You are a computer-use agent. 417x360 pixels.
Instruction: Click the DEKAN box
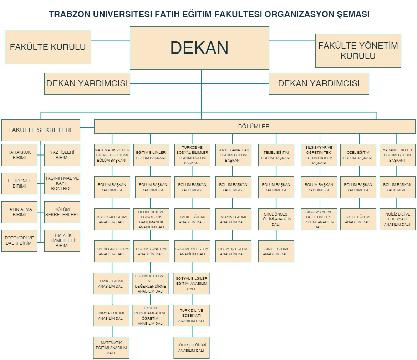tap(199, 48)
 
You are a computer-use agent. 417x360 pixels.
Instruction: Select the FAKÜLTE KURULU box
tap(48, 47)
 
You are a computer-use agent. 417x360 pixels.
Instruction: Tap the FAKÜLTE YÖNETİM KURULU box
tap(358, 51)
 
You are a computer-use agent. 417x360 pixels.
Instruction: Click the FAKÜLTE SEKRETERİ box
tap(40, 130)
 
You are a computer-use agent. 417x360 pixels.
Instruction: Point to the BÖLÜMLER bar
tap(254, 126)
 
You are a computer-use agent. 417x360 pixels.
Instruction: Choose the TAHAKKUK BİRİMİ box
tap(19, 155)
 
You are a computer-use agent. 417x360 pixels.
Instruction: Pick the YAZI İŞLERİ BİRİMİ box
tap(62, 155)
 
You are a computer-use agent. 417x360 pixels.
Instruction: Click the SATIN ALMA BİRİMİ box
tap(19, 212)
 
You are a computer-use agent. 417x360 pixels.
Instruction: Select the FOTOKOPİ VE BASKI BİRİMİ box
tap(19, 240)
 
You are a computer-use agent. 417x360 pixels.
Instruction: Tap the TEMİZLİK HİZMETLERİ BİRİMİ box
tap(62, 240)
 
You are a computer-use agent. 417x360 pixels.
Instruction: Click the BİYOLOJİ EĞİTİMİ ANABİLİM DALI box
tap(112, 219)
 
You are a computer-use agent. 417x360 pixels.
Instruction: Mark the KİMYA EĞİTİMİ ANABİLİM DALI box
tap(111, 315)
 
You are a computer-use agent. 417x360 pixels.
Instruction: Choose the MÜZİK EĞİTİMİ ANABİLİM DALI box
tap(233, 219)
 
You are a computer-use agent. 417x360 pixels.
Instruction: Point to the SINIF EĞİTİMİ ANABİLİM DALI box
tap(276, 251)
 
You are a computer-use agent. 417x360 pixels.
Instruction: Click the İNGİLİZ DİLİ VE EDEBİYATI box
tap(397, 219)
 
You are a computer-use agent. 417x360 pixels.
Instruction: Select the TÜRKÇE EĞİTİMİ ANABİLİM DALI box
tap(192, 348)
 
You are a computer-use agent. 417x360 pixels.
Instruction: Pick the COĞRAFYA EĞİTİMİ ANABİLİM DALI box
tap(192, 251)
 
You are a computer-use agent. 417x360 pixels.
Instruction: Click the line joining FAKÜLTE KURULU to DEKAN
tap(110, 41)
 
